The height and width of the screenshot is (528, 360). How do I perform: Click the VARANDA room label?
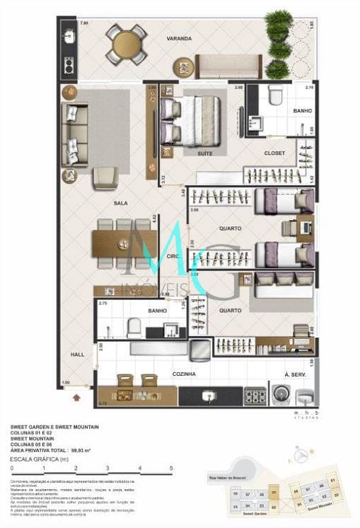[x=179, y=38]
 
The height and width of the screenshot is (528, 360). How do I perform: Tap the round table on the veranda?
[x=127, y=45]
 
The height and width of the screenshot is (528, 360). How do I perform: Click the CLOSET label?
[x=274, y=152]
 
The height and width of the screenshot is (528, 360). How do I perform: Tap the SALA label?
[x=121, y=203]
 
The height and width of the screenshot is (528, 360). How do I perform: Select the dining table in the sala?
[x=124, y=244]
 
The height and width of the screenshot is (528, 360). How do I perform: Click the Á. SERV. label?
[x=294, y=373]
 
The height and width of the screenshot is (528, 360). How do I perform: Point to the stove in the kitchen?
[x=255, y=396]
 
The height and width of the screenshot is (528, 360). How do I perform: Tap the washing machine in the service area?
[x=283, y=395]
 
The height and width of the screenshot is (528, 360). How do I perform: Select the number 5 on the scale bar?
[x=171, y=468]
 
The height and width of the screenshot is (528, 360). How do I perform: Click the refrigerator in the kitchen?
[x=200, y=348]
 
